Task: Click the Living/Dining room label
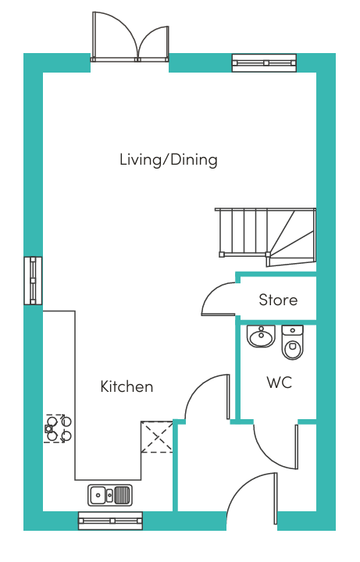point(169,160)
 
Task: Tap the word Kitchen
point(127,386)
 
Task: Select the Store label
point(278,300)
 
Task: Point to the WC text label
point(280,382)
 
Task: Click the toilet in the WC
point(292,342)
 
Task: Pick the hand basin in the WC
point(261,336)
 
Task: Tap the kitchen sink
point(110,495)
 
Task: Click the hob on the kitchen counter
point(57,429)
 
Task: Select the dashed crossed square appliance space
point(157,436)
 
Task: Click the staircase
point(266,237)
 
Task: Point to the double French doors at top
point(130,37)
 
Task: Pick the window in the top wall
point(264,62)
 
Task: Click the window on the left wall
point(33,281)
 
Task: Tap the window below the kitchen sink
point(110,521)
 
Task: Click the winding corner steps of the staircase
point(292,237)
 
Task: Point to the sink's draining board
point(123,495)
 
